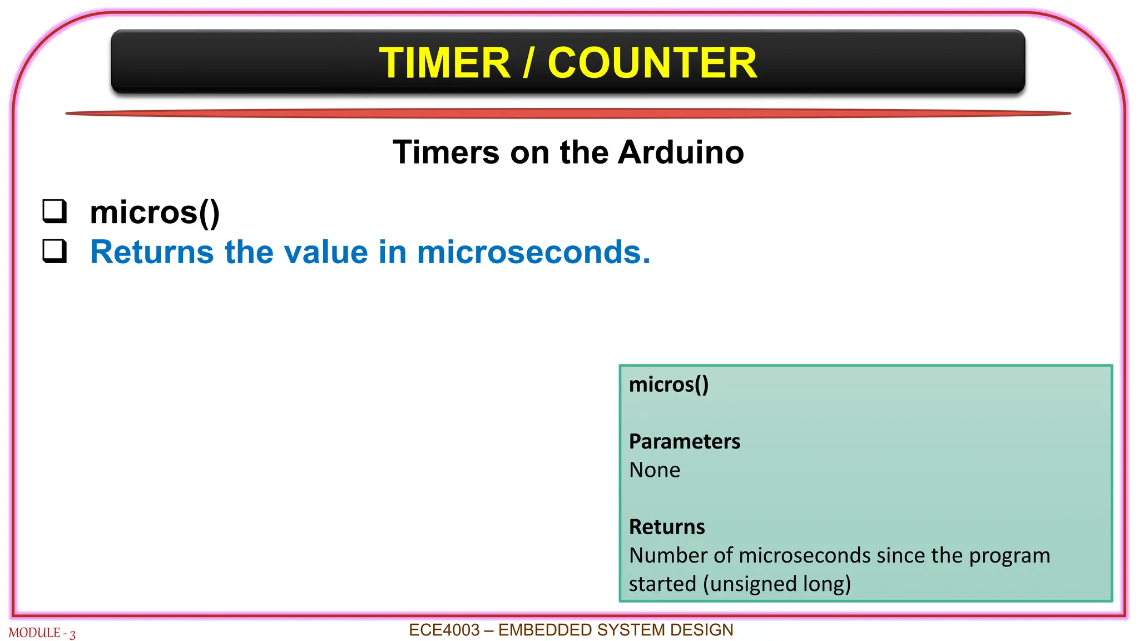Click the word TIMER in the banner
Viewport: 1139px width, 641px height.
point(444,63)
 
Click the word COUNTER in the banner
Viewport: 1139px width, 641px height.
point(652,63)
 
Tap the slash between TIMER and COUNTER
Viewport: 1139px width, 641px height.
point(529,63)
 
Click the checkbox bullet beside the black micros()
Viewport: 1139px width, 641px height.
point(55,211)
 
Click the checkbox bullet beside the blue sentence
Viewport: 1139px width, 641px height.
point(55,251)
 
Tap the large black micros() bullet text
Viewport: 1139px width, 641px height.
point(155,213)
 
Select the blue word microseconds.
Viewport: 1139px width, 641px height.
point(533,252)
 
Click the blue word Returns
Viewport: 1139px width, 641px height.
point(151,252)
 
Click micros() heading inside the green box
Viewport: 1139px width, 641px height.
point(668,384)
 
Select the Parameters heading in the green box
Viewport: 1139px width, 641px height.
point(684,441)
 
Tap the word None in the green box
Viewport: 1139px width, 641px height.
point(654,470)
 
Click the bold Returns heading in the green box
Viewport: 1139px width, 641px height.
point(666,527)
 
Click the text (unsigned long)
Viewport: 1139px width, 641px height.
point(777,584)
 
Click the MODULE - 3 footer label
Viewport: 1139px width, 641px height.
point(42,633)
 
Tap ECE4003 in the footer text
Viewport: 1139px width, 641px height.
point(444,630)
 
